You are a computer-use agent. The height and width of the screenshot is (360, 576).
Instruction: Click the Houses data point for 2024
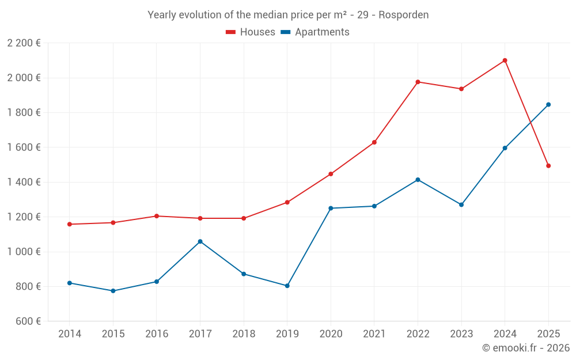[x=505, y=60]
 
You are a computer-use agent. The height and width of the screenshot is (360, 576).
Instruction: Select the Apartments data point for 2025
[x=548, y=105]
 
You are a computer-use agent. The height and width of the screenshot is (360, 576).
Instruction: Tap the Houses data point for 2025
[x=548, y=166]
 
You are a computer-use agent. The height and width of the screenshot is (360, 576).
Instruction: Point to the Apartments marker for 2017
[x=200, y=241]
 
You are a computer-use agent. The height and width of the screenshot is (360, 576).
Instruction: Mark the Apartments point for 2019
[x=287, y=286]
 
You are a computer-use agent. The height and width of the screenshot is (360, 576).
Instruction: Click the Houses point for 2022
[x=418, y=82]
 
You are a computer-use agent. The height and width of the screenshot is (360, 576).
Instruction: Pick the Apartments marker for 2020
[x=331, y=208]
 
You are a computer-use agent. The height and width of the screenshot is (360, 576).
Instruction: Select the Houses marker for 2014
[x=70, y=224]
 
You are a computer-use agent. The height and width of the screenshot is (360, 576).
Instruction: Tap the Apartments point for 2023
[x=461, y=204]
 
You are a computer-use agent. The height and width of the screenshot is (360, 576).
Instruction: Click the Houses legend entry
[x=251, y=32]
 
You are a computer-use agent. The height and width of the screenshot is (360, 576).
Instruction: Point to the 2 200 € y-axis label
[x=24, y=43]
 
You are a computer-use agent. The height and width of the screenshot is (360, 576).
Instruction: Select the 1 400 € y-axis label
[x=24, y=182]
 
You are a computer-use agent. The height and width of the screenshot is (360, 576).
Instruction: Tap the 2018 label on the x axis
[x=244, y=334]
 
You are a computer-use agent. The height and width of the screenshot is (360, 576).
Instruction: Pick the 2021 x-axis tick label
[x=374, y=334]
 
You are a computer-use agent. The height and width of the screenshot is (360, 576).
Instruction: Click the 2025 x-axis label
[x=548, y=334]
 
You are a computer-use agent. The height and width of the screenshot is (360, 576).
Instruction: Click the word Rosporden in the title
[x=406, y=15]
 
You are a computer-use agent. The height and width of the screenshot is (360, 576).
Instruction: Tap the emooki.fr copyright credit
[x=525, y=348]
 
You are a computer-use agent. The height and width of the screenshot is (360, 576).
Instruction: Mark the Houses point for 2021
[x=374, y=142]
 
